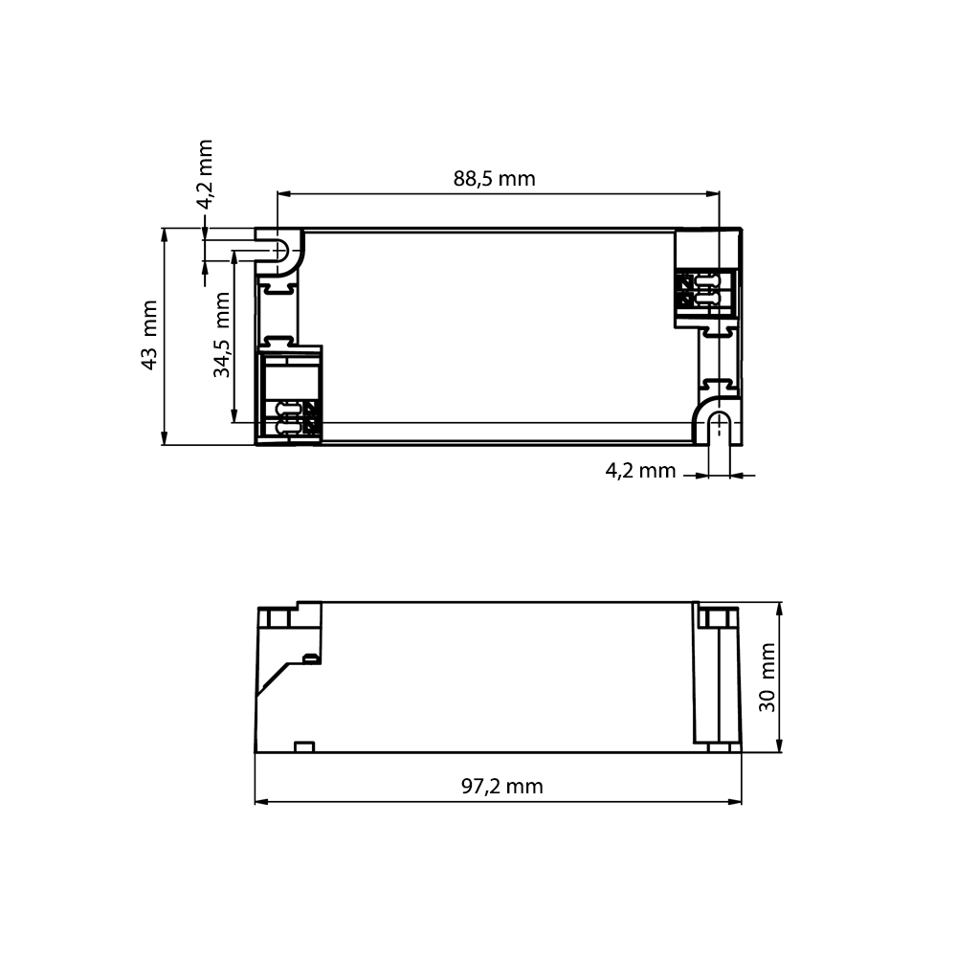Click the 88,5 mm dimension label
coord(495,179)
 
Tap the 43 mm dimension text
coord(149,335)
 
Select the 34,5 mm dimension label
coord(222,334)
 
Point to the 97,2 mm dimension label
coord(502,786)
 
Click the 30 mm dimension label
coord(768,678)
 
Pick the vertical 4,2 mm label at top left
coord(205,174)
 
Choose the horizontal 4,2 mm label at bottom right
coord(641,471)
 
